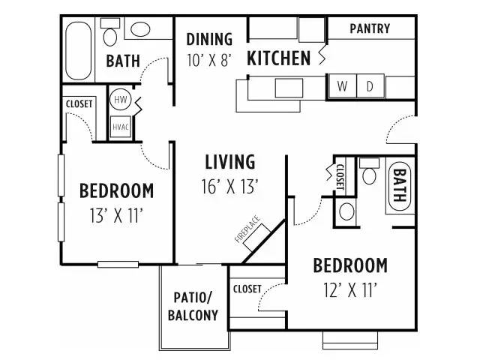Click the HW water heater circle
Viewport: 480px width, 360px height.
120,99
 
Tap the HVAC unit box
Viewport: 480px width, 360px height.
121,127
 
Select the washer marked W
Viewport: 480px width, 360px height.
342,86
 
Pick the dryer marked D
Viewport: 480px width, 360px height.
370,86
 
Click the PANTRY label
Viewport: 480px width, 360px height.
370,28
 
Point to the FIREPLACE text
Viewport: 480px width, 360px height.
247,229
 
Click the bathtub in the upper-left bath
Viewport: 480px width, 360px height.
79,51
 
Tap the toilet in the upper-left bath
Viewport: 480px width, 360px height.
110,32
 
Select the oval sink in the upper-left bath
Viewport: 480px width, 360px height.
140,29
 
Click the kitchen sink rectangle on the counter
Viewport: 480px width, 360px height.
289,88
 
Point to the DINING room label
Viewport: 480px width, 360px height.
209,39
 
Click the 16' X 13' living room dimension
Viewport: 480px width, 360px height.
230,186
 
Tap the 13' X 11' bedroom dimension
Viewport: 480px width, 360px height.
117,215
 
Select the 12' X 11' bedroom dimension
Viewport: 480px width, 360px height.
350,289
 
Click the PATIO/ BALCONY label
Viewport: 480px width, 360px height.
193,306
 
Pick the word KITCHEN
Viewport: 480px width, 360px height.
278,58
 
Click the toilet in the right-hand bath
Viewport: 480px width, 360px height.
369,171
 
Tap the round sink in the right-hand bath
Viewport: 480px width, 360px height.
346,211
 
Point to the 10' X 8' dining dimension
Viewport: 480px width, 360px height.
208,60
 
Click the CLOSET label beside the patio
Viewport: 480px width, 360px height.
247,289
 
